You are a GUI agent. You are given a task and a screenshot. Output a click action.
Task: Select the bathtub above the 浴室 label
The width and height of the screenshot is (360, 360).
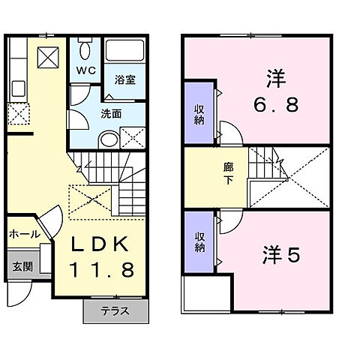[123, 52]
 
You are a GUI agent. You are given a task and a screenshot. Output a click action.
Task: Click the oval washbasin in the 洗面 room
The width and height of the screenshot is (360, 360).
[109, 139]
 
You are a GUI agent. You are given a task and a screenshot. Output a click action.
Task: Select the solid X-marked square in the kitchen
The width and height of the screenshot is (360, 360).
[48, 57]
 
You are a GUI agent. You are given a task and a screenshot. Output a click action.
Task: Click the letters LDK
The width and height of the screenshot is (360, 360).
[103, 245]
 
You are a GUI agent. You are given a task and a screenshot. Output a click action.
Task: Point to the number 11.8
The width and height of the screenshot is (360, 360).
[103, 268]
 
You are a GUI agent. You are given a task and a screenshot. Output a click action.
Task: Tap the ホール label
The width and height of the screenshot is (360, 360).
[25, 234]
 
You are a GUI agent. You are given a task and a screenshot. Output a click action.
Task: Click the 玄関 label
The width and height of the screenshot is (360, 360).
[20, 266]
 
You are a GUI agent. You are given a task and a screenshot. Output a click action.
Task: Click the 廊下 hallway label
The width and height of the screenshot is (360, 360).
[227, 175]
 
